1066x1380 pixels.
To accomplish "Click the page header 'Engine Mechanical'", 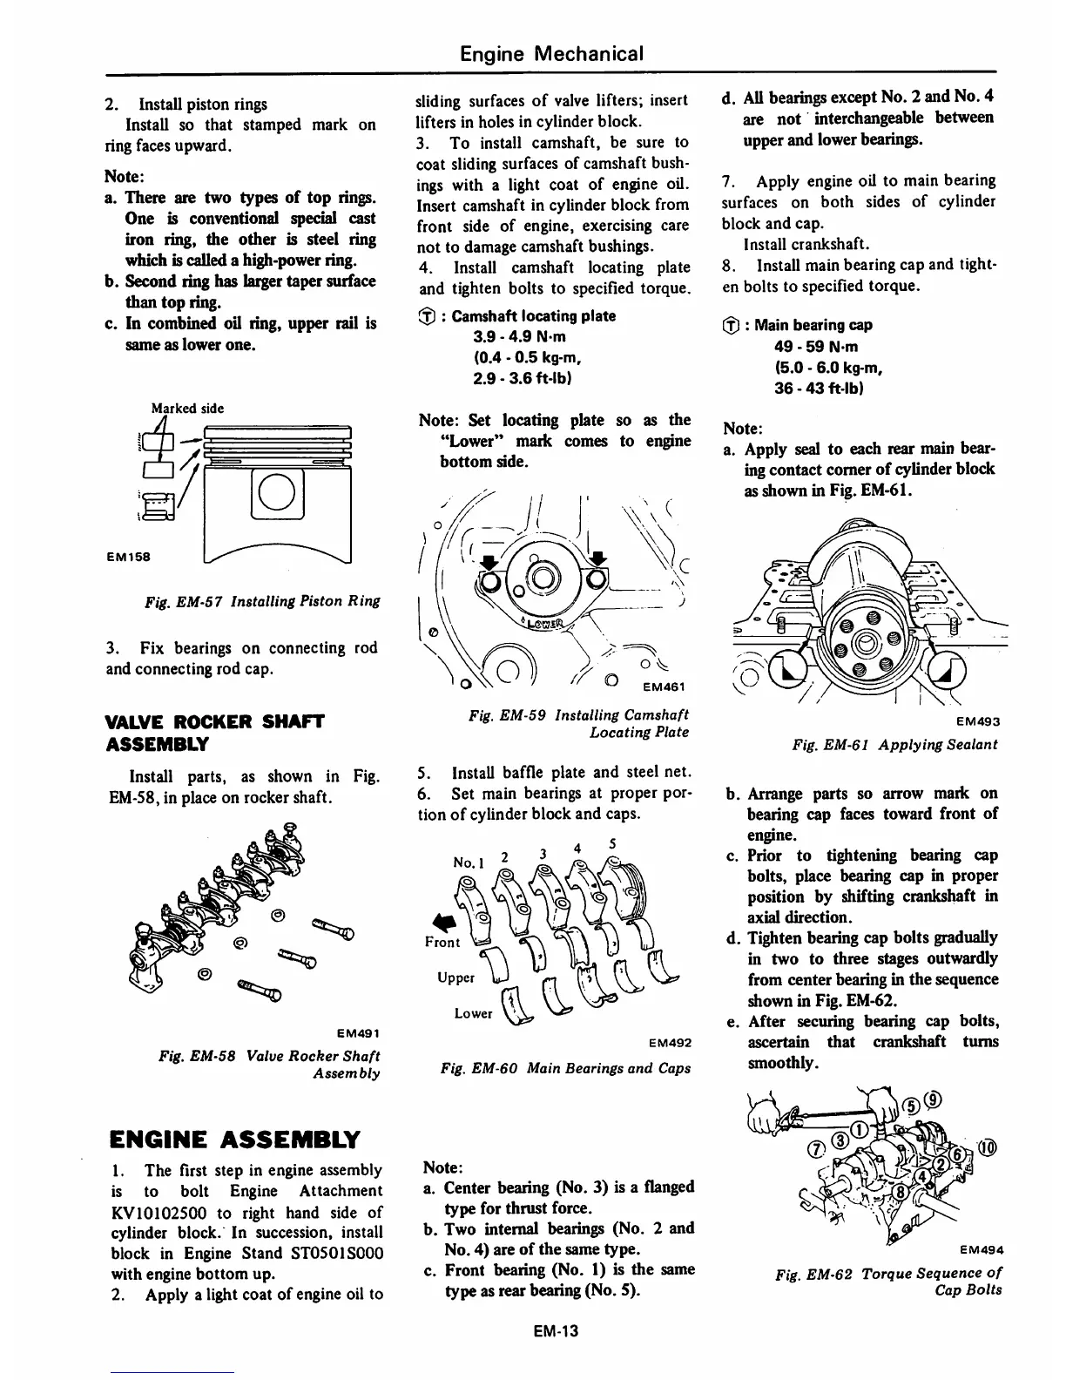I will pyautogui.click(x=551, y=54).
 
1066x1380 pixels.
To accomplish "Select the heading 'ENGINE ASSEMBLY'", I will pyautogui.click(x=234, y=1139).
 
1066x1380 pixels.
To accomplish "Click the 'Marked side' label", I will pyautogui.click(x=187, y=408).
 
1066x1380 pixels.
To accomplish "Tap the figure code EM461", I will pyautogui.click(x=666, y=686).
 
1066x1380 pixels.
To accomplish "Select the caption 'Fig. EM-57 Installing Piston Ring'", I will pyautogui.click(x=263, y=601).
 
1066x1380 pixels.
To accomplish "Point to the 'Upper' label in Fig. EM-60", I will pyautogui.click(x=455, y=977).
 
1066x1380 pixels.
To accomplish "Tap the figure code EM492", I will pyautogui.click(x=671, y=1043).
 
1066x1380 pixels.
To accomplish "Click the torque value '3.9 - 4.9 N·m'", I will pyautogui.click(x=519, y=336).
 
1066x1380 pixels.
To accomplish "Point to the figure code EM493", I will pyautogui.click(x=977, y=721).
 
